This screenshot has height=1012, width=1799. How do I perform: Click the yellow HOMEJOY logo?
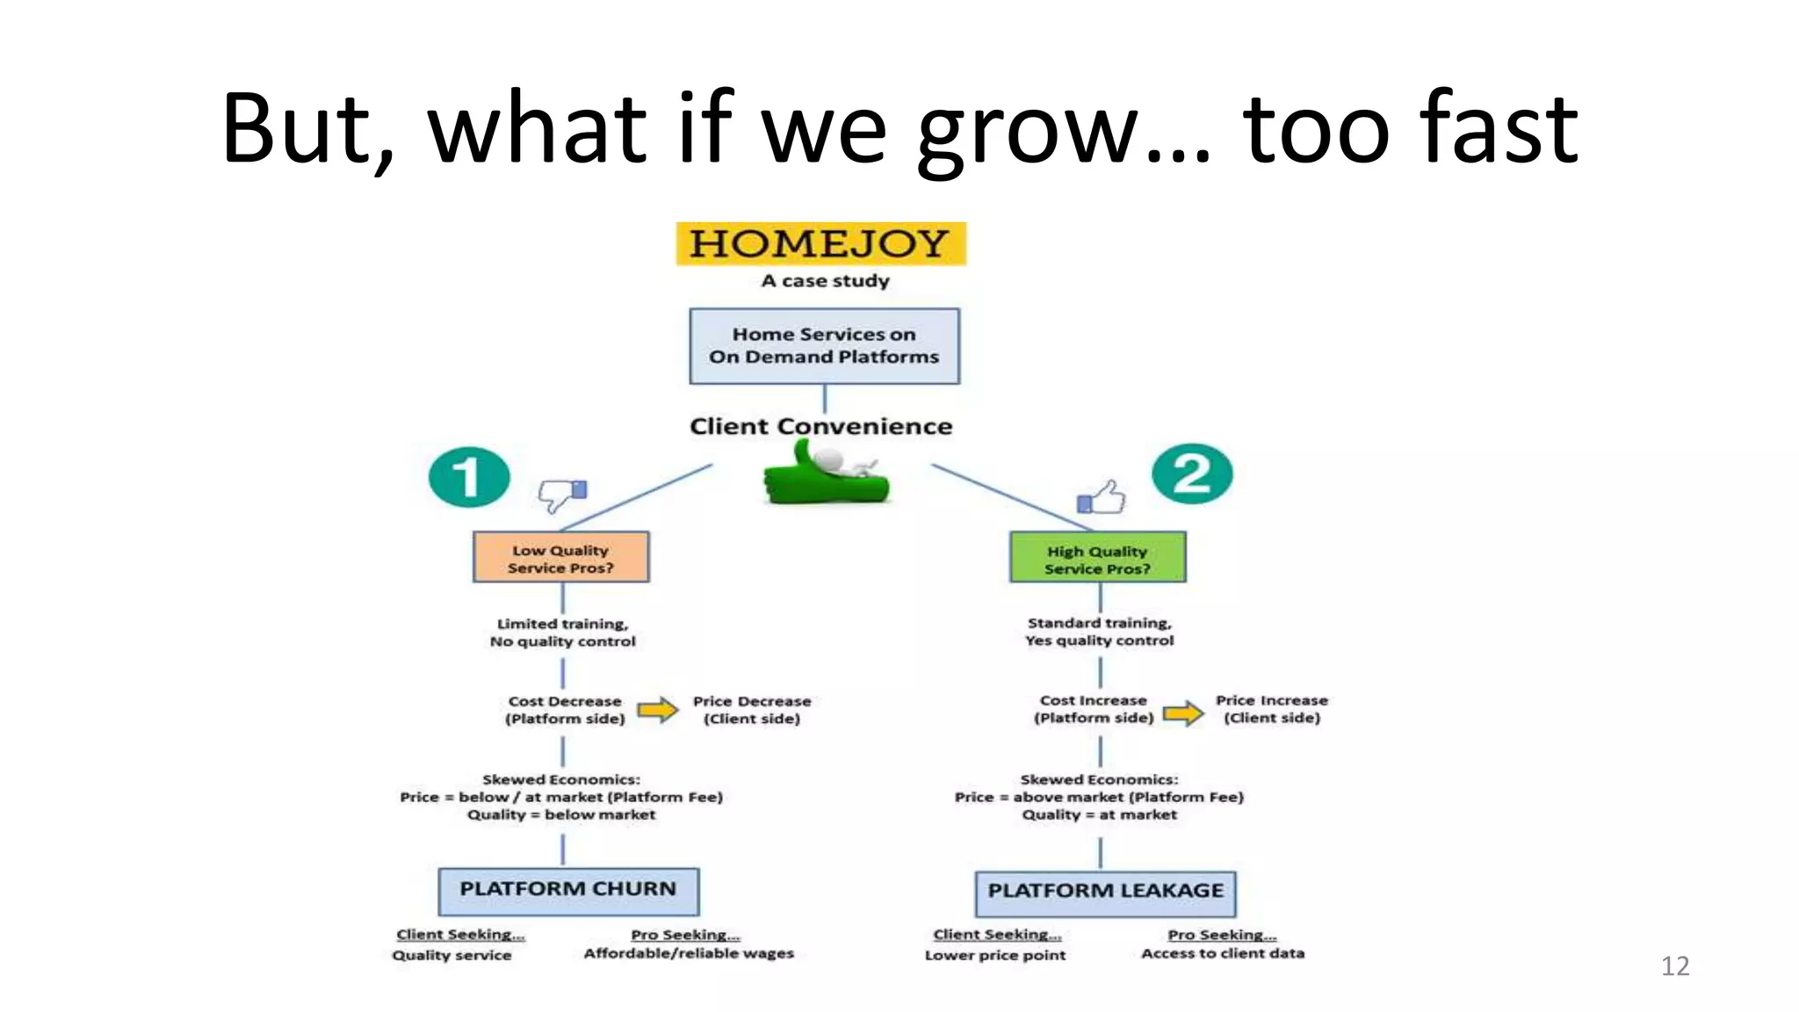[820, 243]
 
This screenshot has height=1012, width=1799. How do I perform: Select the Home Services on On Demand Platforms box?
[824, 346]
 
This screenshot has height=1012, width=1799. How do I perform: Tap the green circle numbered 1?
[469, 477]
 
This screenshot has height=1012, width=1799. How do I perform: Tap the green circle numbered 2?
[1192, 474]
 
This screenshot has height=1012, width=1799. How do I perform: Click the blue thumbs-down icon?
[562, 495]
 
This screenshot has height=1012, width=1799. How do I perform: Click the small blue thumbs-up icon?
[1102, 498]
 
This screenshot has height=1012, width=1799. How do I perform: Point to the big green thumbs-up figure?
[826, 475]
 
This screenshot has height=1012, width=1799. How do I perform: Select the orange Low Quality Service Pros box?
[561, 557]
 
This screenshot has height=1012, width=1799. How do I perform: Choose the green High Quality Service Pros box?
[1097, 557]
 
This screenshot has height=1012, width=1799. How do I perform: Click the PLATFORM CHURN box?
[568, 891]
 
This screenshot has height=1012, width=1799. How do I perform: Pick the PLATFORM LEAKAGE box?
[1105, 893]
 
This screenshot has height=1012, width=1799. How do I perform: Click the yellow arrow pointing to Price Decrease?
[657, 710]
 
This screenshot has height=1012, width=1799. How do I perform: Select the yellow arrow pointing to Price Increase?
[1183, 712]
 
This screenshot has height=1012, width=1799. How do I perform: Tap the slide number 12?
[1674, 966]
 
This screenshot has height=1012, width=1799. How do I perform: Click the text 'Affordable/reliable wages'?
[689, 954]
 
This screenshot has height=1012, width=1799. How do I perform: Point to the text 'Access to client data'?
[1223, 954]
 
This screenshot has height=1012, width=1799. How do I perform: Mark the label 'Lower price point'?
[995, 956]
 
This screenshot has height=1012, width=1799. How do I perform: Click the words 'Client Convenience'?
[820, 427]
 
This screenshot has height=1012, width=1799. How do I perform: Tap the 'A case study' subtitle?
[825, 281]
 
